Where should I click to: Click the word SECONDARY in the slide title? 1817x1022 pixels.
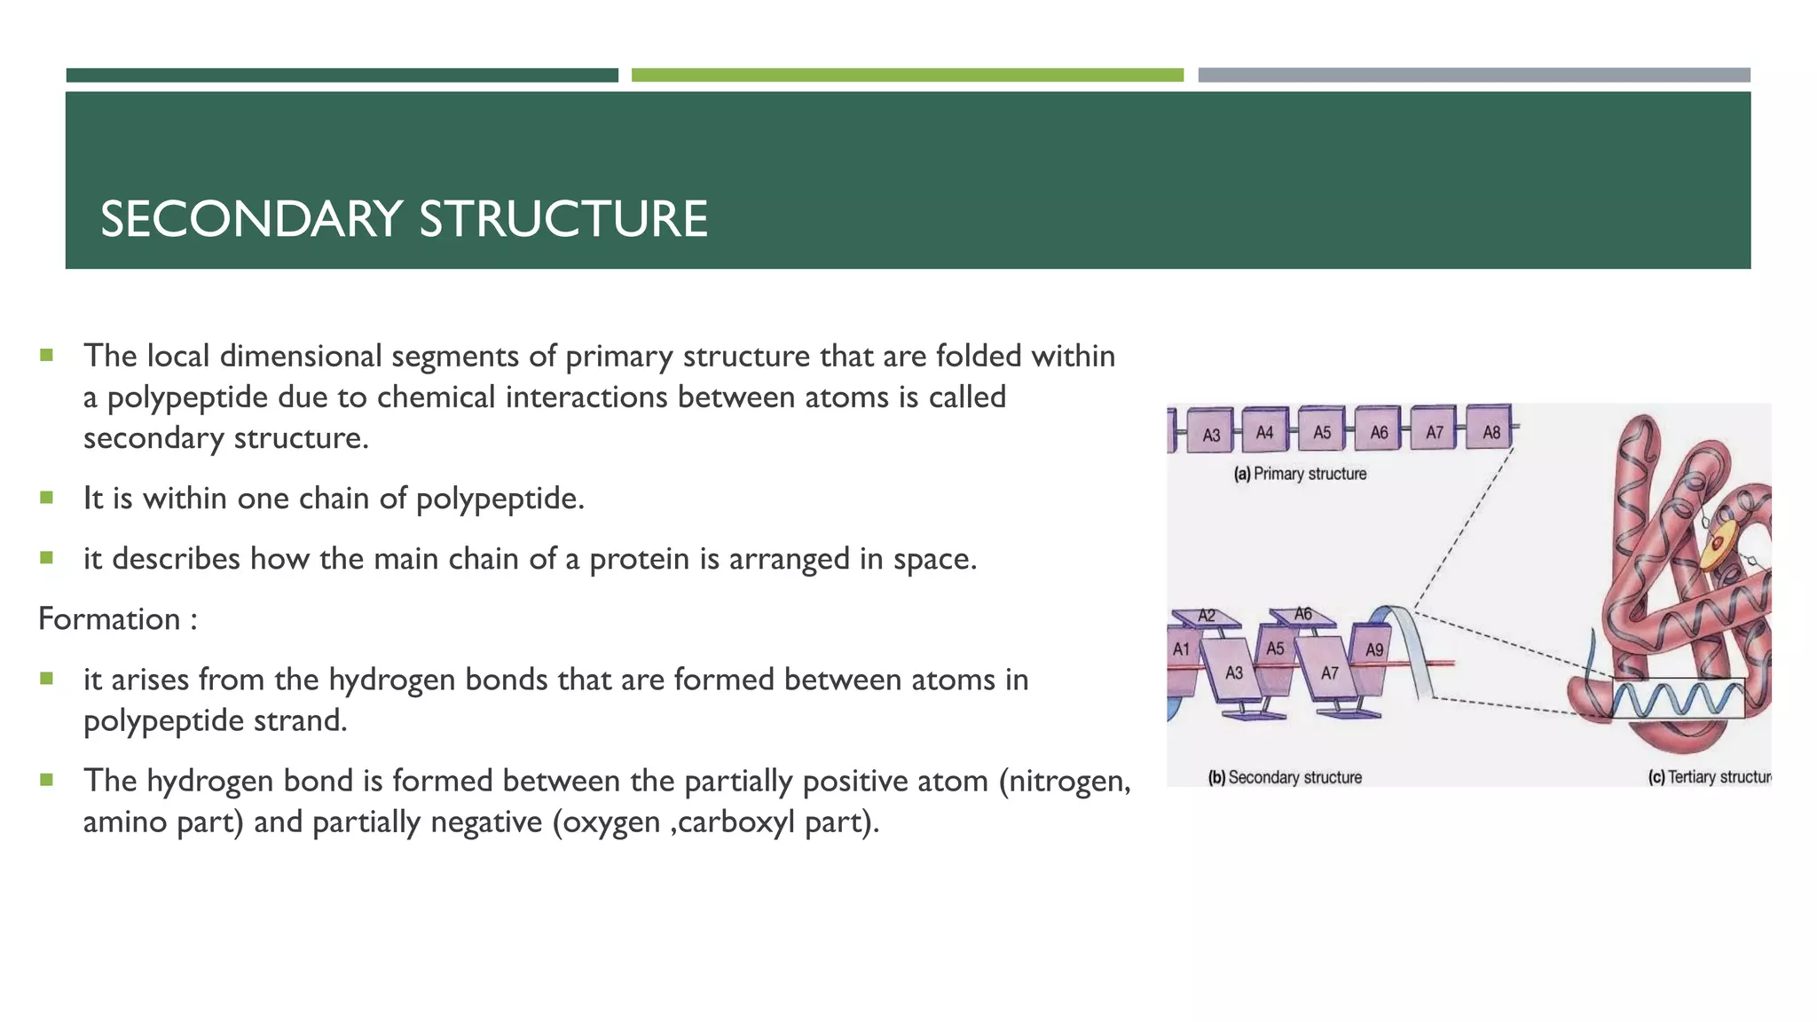tap(251, 219)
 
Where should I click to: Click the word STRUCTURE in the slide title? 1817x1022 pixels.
tap(563, 219)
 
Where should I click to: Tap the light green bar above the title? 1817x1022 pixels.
tap(907, 75)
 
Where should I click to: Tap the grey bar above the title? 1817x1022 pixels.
tap(1474, 75)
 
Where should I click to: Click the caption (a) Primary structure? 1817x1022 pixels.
tap(1300, 474)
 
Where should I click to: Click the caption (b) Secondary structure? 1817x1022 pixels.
tap(1285, 777)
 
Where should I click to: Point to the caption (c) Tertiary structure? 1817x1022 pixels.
tap(1709, 777)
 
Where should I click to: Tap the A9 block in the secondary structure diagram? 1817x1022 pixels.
tap(1372, 660)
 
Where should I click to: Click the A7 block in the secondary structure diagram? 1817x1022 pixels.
tap(1328, 672)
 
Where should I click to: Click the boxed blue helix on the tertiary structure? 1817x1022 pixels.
tap(1677, 699)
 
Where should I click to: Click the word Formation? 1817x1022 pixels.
tap(109, 618)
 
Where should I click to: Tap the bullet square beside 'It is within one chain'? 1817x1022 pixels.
tap(47, 497)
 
